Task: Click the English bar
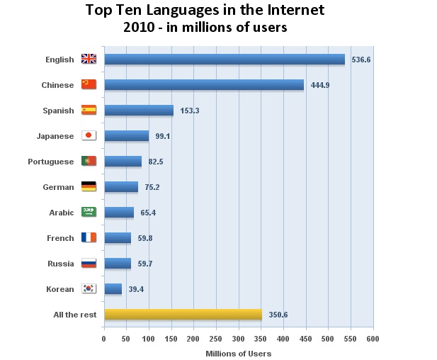pyautogui.click(x=224, y=60)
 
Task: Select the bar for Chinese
pyautogui.click(x=203, y=85)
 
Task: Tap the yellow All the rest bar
pyautogui.click(x=183, y=315)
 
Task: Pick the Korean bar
pyautogui.click(x=113, y=289)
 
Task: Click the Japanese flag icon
pyautogui.click(x=89, y=136)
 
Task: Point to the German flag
pyautogui.click(x=89, y=187)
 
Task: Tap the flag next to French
pyautogui.click(x=89, y=238)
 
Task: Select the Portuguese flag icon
pyautogui.click(x=89, y=162)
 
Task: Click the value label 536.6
pyautogui.click(x=361, y=60)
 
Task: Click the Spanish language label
pyautogui.click(x=58, y=111)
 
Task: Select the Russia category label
pyautogui.click(x=60, y=264)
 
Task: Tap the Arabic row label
pyautogui.click(x=61, y=213)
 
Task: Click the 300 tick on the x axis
pyautogui.click(x=239, y=339)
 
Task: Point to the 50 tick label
pyautogui.click(x=127, y=339)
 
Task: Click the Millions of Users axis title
pyautogui.click(x=238, y=353)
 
